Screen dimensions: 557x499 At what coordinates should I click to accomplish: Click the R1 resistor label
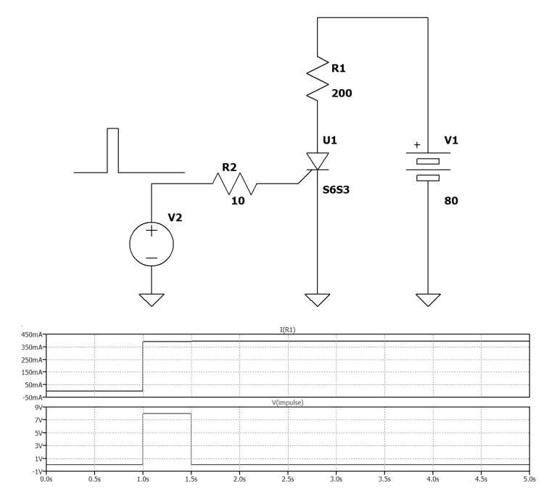tap(338, 68)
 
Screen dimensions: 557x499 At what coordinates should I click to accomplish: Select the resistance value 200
tap(342, 94)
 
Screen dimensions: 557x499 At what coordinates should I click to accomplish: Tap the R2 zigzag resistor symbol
tap(235, 183)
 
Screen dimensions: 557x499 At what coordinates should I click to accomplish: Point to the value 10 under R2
tap(238, 201)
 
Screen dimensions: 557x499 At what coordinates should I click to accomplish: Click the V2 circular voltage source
tap(152, 244)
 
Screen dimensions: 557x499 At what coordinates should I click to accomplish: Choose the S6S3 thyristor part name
tap(336, 190)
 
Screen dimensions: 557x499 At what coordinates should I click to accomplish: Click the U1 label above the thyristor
tap(330, 141)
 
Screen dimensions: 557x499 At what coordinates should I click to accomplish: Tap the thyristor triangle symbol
tap(318, 161)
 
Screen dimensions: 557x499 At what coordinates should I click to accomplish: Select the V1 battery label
tap(451, 141)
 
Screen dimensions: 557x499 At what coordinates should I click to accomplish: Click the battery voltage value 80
tap(451, 201)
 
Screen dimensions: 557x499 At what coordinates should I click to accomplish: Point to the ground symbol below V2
tap(152, 300)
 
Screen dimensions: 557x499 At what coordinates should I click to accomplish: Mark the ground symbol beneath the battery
tap(428, 300)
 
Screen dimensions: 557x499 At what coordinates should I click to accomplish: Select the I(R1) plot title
tap(288, 330)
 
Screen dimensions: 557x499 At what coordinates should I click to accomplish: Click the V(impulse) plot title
tap(288, 403)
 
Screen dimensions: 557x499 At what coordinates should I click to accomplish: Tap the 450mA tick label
tap(32, 335)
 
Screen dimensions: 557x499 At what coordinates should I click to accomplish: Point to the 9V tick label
tap(38, 408)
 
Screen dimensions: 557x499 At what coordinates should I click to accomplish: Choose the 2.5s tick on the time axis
tap(288, 479)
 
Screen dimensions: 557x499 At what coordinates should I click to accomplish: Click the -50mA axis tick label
tap(33, 397)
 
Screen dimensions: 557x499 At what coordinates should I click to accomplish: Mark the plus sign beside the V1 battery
tap(417, 145)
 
